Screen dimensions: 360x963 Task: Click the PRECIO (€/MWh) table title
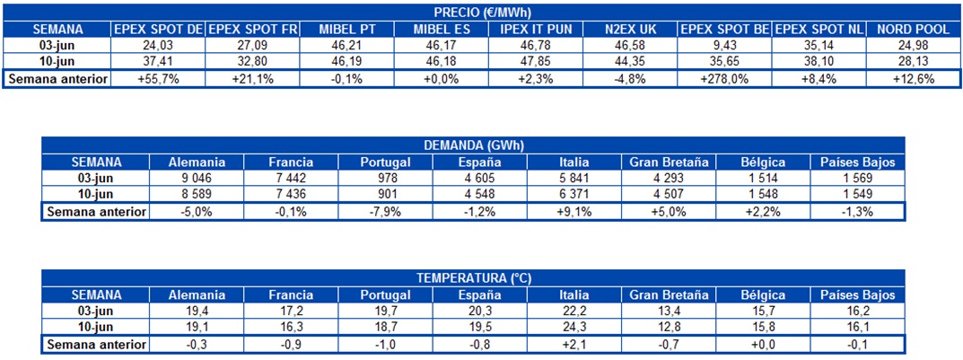pos(481,12)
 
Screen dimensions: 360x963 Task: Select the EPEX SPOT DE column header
pos(158,29)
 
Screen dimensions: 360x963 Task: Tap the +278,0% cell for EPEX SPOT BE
pos(724,78)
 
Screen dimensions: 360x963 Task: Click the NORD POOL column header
pos(912,29)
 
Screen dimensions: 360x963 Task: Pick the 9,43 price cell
pos(724,45)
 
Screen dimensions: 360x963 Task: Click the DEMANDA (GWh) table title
pos(473,145)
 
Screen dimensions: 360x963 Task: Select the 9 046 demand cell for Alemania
pos(197,179)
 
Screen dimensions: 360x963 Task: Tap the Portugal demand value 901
pos(385,195)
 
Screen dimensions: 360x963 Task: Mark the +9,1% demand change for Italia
pos(574,212)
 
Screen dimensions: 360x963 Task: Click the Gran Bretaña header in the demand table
pos(669,162)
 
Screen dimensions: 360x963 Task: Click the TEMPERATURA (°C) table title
pos(473,278)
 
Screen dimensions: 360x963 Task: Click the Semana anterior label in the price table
pos(57,78)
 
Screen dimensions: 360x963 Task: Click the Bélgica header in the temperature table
pos(764,294)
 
